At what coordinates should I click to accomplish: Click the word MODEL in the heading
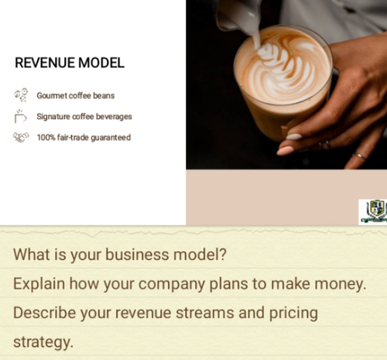click(x=101, y=63)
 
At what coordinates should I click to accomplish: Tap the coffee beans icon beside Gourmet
click(x=21, y=95)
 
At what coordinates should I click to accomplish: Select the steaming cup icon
click(x=20, y=116)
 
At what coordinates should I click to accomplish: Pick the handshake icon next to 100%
click(x=21, y=137)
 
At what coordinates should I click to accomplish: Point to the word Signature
click(x=53, y=117)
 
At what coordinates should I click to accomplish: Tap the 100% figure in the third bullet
click(x=46, y=137)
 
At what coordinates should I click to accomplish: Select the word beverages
click(x=114, y=117)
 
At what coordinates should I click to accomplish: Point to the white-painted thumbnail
click(x=294, y=136)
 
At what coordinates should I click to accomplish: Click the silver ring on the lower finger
click(x=359, y=156)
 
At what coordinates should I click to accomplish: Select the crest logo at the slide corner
click(x=375, y=211)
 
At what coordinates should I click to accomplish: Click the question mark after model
click(x=223, y=255)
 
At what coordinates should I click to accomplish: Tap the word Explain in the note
click(x=39, y=284)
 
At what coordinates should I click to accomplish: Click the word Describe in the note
click(x=44, y=313)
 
